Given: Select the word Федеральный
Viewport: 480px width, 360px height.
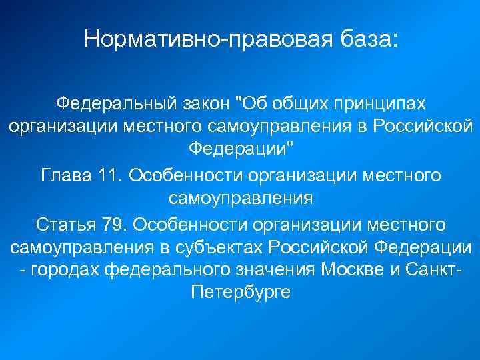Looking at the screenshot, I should coord(113,103).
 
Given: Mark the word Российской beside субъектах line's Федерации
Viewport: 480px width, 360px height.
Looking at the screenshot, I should coord(317,247).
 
